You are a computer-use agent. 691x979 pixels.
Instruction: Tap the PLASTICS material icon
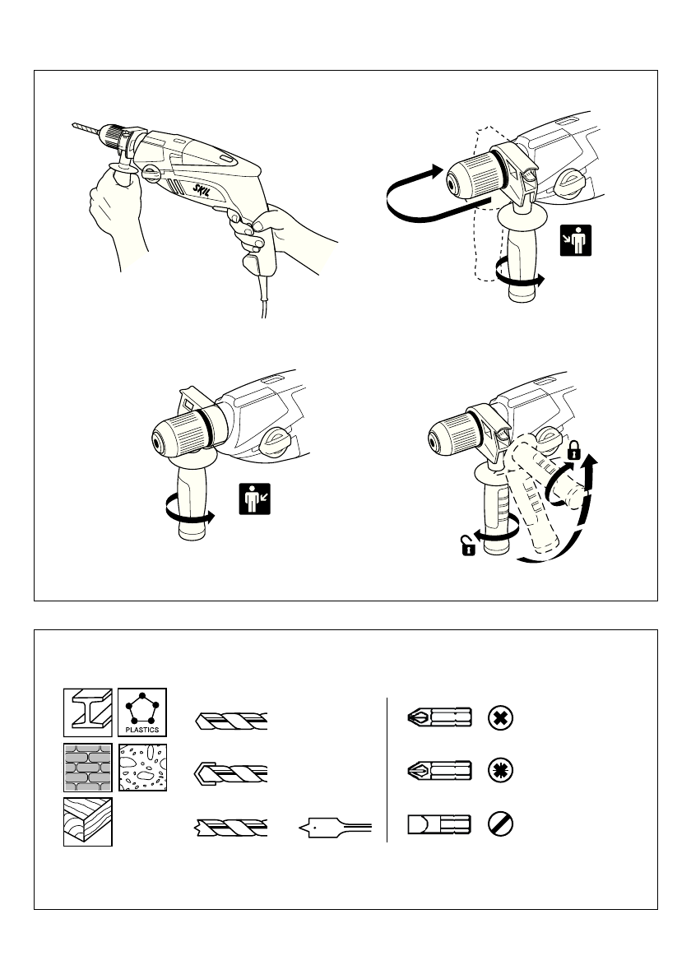click(143, 710)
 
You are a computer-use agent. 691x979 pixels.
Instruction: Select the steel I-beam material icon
click(88, 710)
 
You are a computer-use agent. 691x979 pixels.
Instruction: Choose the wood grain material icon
click(88, 822)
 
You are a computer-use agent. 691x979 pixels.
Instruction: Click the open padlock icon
click(466, 545)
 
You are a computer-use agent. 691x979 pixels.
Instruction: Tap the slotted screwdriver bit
click(439, 824)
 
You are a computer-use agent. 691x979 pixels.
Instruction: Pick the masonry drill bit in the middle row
click(231, 773)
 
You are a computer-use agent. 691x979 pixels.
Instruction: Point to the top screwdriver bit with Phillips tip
click(439, 717)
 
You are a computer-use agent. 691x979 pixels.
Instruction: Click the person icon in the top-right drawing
click(576, 239)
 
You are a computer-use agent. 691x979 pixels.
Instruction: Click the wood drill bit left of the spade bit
click(231, 825)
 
